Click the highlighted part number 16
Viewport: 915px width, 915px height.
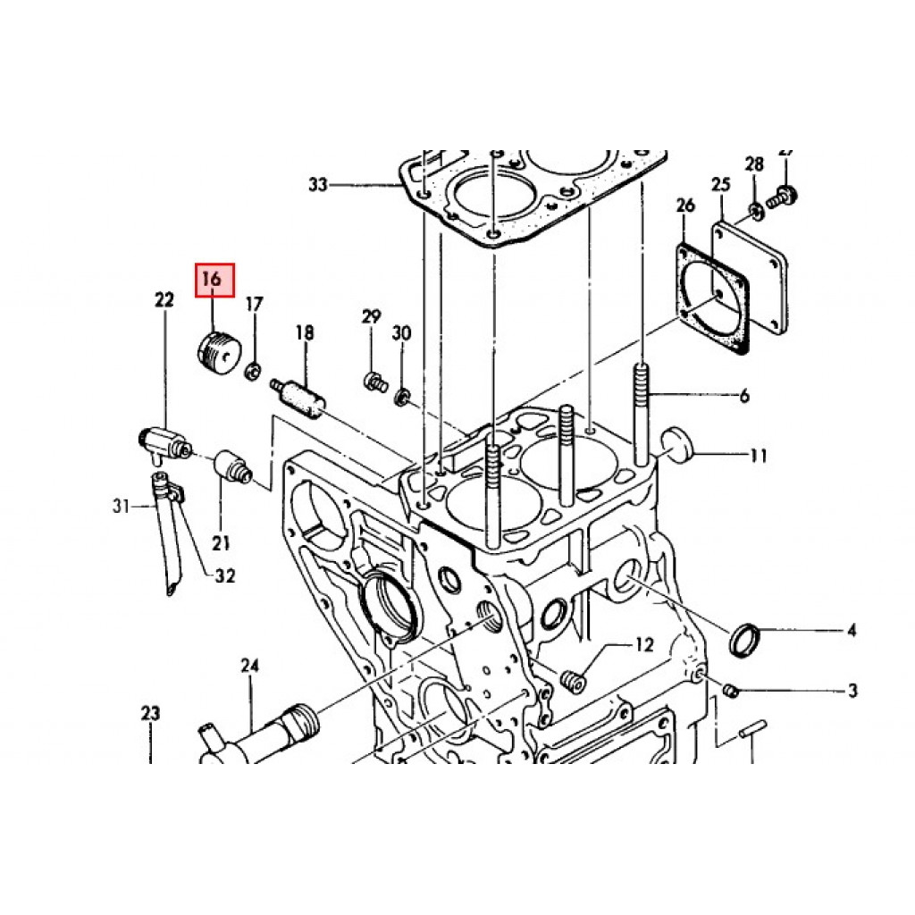(214, 280)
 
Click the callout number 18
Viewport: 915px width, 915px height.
(305, 333)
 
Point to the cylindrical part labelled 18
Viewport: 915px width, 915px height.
(300, 398)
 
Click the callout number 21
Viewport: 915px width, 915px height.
(221, 541)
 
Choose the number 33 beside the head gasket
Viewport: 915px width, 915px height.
(318, 185)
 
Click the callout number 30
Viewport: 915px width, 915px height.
(402, 333)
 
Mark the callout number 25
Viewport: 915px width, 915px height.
(720, 186)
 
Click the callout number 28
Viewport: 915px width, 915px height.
(754, 164)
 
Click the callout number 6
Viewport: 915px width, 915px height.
(743, 397)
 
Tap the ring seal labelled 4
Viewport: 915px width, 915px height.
(745, 639)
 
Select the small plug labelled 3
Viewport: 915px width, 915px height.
(729, 690)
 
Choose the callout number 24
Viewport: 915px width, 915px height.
(249, 665)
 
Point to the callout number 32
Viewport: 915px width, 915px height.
(225, 576)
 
